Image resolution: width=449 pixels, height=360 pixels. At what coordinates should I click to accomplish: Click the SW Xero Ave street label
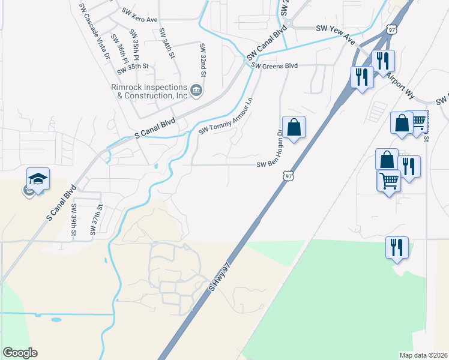pyautogui.click(x=139, y=15)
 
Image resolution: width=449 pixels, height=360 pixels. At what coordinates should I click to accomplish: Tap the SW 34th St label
pyautogui.click(x=166, y=43)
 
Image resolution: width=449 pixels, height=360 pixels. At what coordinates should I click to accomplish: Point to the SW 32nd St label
pyautogui.click(x=203, y=61)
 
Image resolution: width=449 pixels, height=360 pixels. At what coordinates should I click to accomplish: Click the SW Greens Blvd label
pyautogui.click(x=275, y=66)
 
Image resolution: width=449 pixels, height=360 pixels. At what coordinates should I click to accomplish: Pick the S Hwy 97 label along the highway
pyautogui.click(x=219, y=277)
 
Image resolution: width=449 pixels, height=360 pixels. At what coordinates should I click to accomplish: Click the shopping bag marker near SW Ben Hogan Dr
pyautogui.click(x=294, y=128)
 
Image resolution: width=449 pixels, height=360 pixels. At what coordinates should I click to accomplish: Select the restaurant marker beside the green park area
pyautogui.click(x=397, y=248)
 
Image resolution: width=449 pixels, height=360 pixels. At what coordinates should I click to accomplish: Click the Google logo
pyautogui.click(x=20, y=353)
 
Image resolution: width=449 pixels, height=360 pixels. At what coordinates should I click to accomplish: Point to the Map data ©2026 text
pyautogui.click(x=423, y=355)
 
